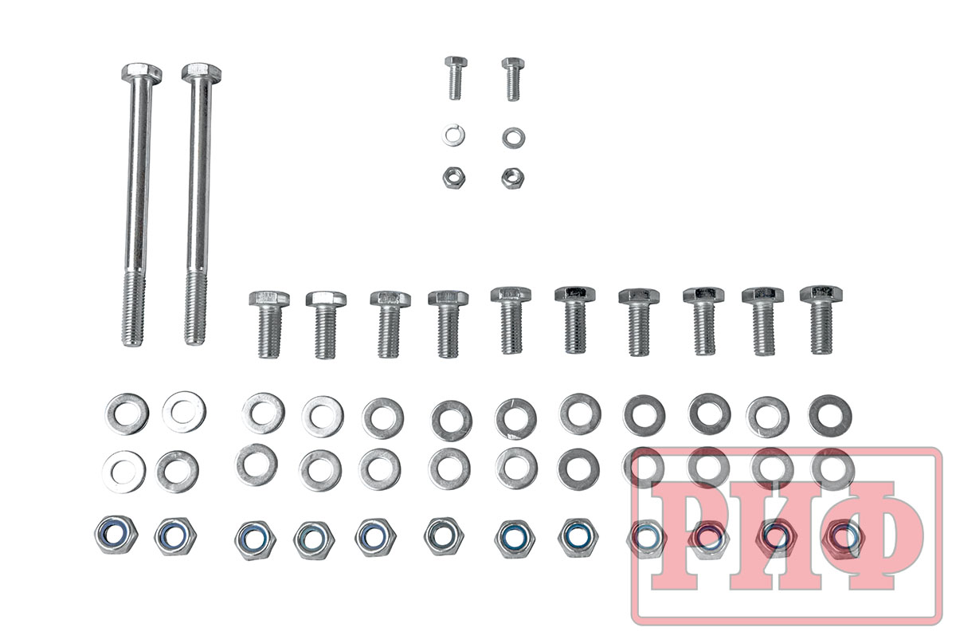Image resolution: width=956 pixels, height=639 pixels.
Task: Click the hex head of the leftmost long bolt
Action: pyautogui.click(x=141, y=73)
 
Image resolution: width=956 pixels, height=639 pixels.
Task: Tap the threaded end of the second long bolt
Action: pyautogui.click(x=196, y=308)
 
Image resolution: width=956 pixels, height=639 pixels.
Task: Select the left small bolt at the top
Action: pyautogui.click(x=456, y=77)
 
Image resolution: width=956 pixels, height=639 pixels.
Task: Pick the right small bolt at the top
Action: pyautogui.click(x=512, y=79)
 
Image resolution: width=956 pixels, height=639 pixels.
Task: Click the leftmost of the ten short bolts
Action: pyautogui.click(x=269, y=324)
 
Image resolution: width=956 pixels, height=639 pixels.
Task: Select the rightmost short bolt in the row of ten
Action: pyautogui.click(x=821, y=320)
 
